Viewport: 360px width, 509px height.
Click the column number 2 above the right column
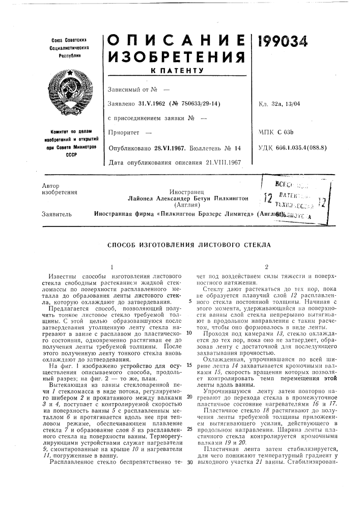[266, 266]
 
